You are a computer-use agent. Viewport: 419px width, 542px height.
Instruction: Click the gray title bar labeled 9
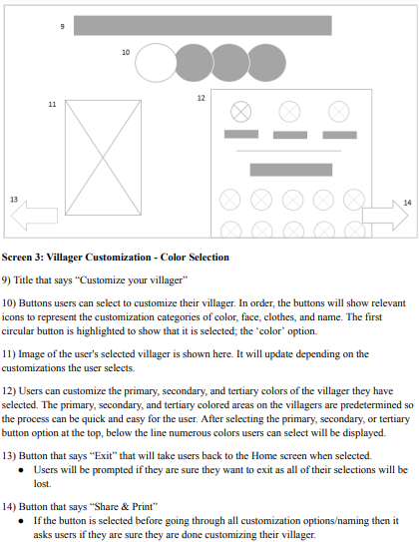click(x=203, y=25)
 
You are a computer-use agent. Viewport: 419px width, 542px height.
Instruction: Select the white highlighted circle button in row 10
click(x=156, y=63)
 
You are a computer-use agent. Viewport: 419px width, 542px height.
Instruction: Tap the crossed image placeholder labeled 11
click(x=103, y=158)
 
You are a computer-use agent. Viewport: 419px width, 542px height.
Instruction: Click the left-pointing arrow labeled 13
click(x=34, y=216)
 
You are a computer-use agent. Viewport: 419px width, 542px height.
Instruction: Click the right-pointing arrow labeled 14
click(x=385, y=215)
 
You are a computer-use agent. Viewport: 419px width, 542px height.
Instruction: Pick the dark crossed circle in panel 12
click(x=240, y=112)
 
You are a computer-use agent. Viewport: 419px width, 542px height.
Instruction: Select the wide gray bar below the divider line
click(x=291, y=170)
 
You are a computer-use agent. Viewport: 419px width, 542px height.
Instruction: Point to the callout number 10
click(x=126, y=52)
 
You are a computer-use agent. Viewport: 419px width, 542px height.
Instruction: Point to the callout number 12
click(x=202, y=98)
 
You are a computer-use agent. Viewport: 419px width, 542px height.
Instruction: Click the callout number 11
click(x=52, y=105)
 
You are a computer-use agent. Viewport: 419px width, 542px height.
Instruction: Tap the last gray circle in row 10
click(x=266, y=63)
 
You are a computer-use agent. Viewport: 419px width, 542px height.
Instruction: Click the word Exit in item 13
click(x=104, y=455)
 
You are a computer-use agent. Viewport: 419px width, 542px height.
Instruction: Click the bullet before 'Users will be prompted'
click(x=21, y=470)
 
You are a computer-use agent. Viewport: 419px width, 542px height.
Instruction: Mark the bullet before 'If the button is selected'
click(x=21, y=521)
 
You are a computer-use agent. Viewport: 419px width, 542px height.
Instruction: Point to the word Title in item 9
click(x=23, y=280)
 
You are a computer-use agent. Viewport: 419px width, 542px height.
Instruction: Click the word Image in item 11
click(x=31, y=354)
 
